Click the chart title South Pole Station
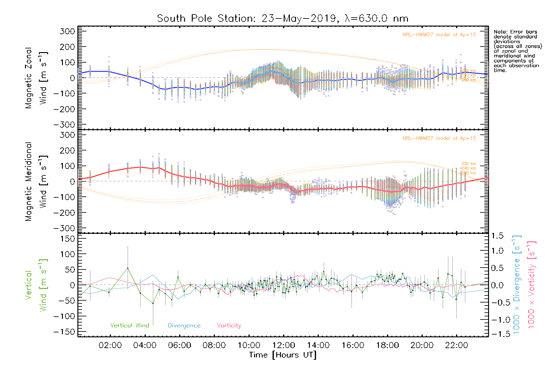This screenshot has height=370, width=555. (x=282, y=18)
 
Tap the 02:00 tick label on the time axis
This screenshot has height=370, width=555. (x=110, y=345)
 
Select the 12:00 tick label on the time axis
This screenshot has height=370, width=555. (x=283, y=345)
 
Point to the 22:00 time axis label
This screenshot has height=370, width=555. (x=457, y=345)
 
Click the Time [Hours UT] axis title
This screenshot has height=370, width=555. (x=282, y=355)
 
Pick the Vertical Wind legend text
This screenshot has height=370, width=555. (x=129, y=326)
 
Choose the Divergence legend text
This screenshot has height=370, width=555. (x=184, y=326)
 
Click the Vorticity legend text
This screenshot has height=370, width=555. (x=229, y=326)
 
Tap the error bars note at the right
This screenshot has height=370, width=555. (x=517, y=51)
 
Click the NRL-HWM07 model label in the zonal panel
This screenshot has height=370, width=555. (x=439, y=35)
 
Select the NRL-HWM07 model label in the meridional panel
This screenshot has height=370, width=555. (x=439, y=138)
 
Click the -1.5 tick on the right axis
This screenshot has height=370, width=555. (x=497, y=334)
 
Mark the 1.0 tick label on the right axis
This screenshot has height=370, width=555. (x=497, y=251)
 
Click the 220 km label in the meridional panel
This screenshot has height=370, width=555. (x=469, y=164)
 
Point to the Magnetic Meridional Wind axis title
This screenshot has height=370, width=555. (x=36, y=182)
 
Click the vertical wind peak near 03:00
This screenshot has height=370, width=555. (x=128, y=268)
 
